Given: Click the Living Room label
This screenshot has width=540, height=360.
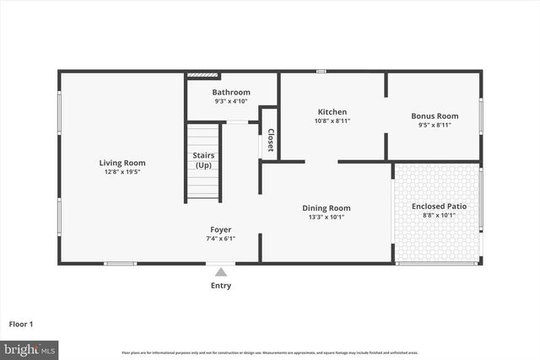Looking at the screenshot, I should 122,163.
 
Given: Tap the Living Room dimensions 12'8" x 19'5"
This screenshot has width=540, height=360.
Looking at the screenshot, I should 122,172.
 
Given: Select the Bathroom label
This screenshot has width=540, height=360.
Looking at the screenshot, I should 231,92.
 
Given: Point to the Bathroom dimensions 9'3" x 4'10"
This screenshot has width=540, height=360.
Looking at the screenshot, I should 231,101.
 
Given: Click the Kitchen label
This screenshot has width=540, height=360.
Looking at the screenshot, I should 332,112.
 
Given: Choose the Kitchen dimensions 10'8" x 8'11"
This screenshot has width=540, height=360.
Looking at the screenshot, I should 332,121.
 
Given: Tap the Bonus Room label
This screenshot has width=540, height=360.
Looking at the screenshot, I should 435,116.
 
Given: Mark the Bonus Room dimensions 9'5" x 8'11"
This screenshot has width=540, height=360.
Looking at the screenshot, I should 435,125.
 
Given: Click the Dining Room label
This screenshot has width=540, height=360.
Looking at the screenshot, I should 327,207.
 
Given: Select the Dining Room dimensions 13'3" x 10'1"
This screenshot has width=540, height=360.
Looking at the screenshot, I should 327,217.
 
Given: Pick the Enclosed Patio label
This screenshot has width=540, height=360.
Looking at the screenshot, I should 439,206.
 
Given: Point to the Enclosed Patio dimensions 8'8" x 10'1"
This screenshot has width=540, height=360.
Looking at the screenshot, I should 439,215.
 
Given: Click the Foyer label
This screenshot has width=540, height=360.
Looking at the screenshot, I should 221,229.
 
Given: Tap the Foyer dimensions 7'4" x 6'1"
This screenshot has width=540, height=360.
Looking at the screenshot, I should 221,239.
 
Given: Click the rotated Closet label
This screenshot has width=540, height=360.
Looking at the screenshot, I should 270,140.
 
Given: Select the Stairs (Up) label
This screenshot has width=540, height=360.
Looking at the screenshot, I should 203,160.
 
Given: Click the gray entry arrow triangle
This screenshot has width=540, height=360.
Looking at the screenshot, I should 221,271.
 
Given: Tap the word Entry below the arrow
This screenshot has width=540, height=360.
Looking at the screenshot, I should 221,286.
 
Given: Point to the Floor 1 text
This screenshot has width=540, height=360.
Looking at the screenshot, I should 21,323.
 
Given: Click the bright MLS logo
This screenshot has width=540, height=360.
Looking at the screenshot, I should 30,348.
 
